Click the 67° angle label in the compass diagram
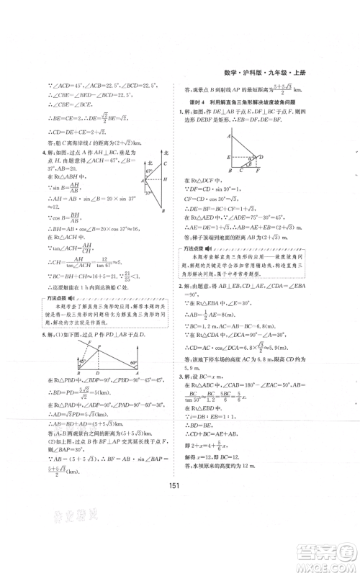click(x=150, y=180)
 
